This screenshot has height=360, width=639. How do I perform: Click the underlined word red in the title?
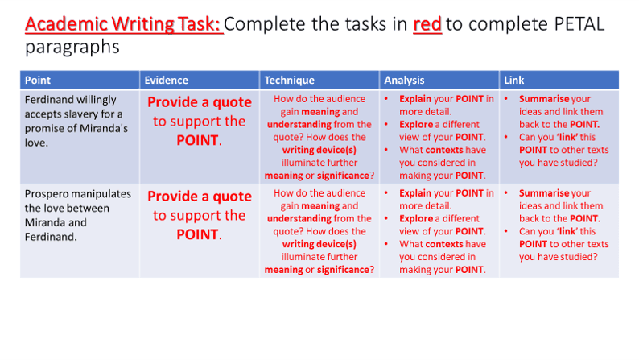[427, 24]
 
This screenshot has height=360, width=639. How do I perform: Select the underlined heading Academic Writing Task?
[124, 24]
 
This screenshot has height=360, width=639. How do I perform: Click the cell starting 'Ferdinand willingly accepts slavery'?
[80, 137]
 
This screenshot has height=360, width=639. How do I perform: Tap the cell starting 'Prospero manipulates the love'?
[80, 231]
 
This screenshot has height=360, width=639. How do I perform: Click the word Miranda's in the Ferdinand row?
[104, 128]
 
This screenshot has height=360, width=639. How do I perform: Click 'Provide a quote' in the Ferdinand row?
[200, 102]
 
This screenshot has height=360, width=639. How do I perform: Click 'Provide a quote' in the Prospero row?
[200, 196]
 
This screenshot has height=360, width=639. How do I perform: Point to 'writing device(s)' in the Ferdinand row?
[319, 150]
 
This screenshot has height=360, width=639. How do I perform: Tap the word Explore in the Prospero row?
[416, 219]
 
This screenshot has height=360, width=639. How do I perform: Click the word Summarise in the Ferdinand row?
[544, 99]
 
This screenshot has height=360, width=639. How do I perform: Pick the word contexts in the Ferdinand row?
[443, 150]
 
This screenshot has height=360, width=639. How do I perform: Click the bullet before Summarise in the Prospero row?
[506, 192]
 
